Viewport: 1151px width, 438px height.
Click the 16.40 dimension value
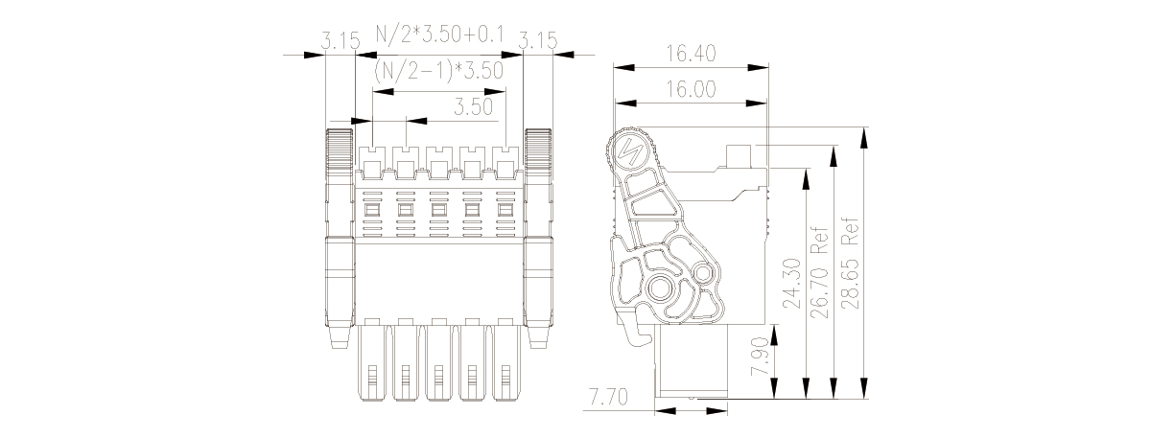coord(691,53)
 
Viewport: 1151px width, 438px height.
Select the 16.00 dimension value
coord(691,89)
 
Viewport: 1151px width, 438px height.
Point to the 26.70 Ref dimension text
coord(820,273)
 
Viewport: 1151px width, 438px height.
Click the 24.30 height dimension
coord(792,284)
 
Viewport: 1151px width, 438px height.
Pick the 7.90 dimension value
coord(761,357)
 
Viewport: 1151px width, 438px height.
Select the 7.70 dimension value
coord(608,397)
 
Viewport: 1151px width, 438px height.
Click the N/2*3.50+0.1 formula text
coord(440,34)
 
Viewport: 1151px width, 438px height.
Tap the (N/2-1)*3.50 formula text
coord(438,71)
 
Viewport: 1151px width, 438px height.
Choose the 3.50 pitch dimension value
coord(473,106)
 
